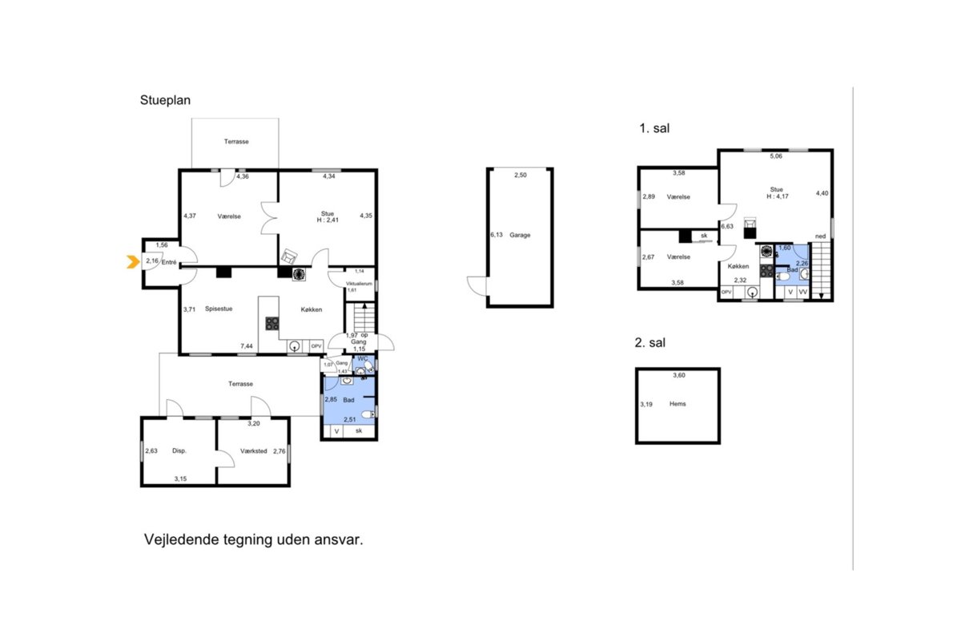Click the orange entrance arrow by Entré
(133, 261)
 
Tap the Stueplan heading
(165, 100)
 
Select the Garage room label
(520, 235)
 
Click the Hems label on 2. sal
(678, 404)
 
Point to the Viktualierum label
(359, 284)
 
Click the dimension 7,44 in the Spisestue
(247, 345)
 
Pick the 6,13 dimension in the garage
(497, 235)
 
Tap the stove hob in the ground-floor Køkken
(272, 323)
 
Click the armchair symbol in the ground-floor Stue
(289, 256)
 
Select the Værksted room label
(254, 451)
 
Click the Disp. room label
(179, 451)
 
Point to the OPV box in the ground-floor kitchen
(316, 346)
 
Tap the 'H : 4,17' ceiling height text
(778, 196)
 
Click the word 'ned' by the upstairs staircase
(820, 236)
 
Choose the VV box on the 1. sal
(803, 292)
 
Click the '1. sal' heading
(654, 128)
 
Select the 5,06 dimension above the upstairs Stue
(776, 156)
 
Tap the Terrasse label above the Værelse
(236, 141)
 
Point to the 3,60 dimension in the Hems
(679, 375)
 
